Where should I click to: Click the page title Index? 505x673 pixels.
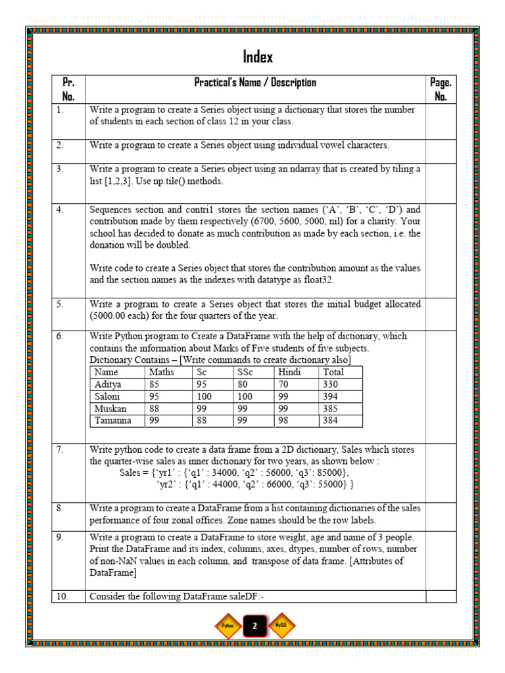tap(258, 57)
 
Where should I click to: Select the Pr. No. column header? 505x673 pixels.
tap(68, 89)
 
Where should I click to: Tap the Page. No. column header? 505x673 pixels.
tap(441, 89)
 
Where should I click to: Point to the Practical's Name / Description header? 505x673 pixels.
tap(255, 83)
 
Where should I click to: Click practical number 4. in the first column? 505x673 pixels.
tap(60, 210)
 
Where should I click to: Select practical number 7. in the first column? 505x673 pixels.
tap(60, 450)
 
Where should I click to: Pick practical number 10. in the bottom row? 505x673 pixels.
tap(62, 596)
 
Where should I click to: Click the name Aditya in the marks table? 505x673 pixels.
tap(108, 384)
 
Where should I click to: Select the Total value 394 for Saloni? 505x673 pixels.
tap(331, 396)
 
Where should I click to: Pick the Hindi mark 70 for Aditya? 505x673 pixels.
tap(284, 384)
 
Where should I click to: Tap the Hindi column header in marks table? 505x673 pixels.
tap(289, 372)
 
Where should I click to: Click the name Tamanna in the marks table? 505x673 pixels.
tap(113, 421)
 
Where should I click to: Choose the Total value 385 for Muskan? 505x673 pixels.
tap(331, 408)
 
